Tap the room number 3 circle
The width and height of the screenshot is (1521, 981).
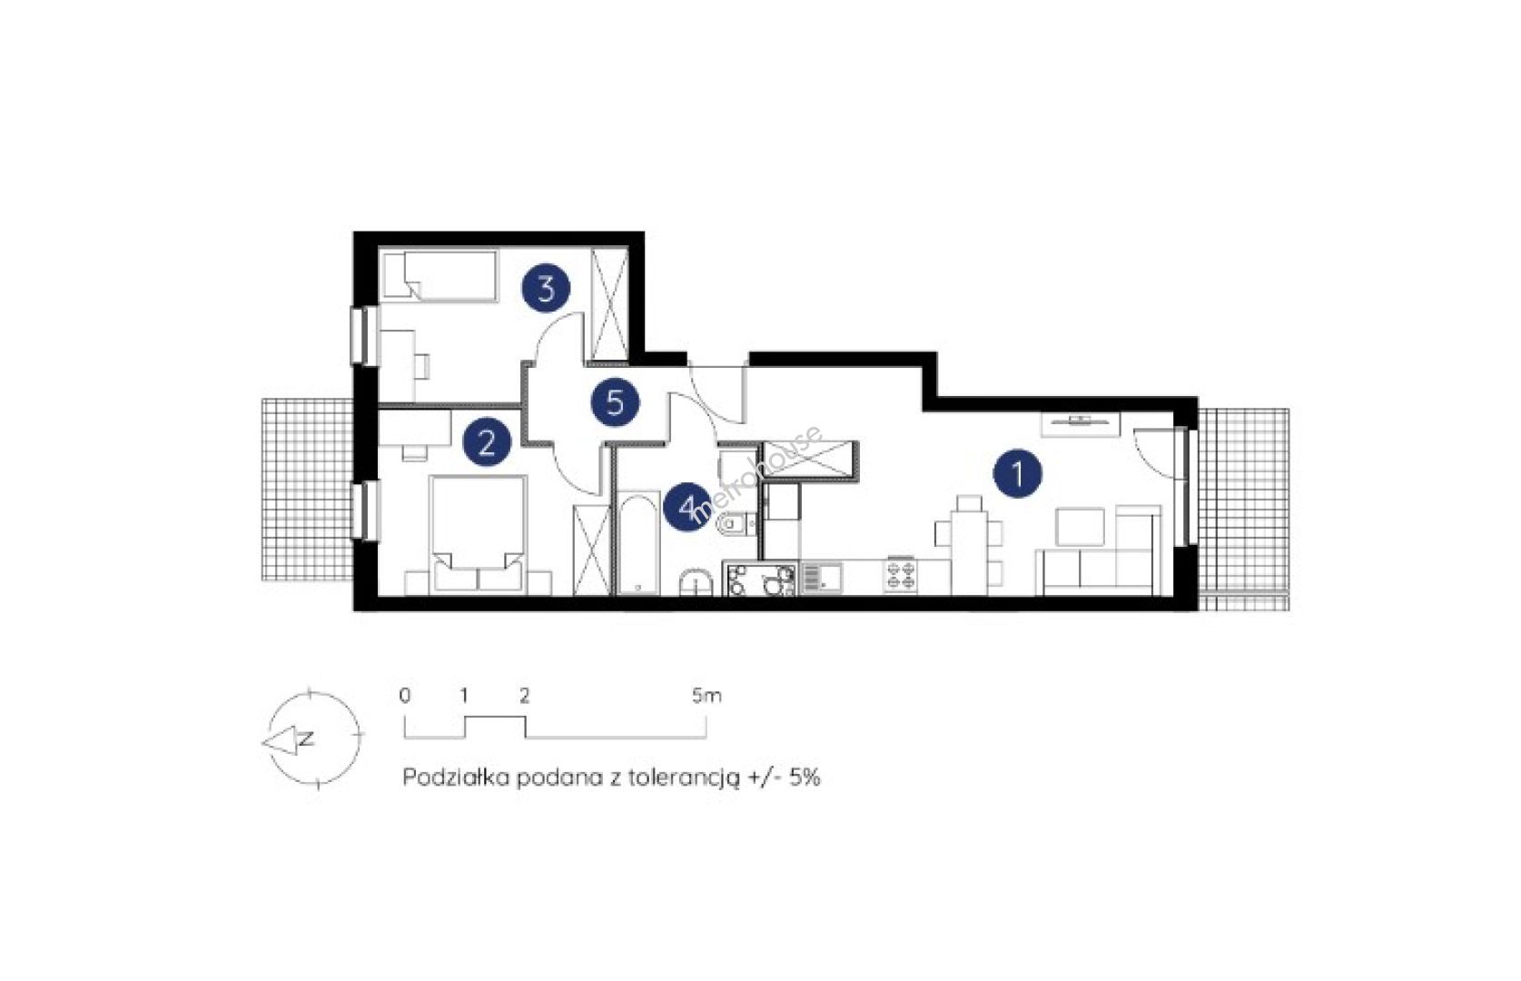pos(546,288)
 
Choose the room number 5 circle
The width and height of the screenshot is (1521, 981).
pos(615,402)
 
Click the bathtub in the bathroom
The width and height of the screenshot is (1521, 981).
pos(637,543)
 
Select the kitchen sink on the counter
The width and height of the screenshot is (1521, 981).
pos(823,578)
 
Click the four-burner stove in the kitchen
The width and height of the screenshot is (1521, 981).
pos(901,575)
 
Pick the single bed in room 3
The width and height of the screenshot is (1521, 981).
pos(440,276)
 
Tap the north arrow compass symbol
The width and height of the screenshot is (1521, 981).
pos(311,739)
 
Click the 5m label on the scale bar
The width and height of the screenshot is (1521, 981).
pos(706,696)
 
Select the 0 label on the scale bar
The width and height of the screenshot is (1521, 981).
pos(405,696)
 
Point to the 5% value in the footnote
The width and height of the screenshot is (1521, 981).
pos(804,778)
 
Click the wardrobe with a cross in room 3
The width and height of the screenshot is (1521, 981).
pos(609,304)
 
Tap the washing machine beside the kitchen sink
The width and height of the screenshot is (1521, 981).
pos(761,578)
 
